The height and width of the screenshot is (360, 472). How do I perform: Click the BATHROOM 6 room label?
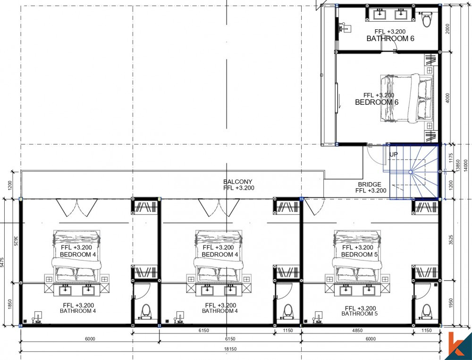tap(390, 39)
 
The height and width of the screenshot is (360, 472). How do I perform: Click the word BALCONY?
tap(238, 182)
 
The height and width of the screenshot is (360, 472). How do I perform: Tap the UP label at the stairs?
tap(394, 154)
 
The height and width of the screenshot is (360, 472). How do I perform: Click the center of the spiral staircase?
tap(411, 173)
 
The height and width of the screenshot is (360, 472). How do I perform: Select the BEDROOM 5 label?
tap(357, 255)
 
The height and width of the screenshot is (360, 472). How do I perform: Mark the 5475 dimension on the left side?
tap(3, 262)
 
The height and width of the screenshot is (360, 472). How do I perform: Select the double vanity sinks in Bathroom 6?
tap(390, 15)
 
